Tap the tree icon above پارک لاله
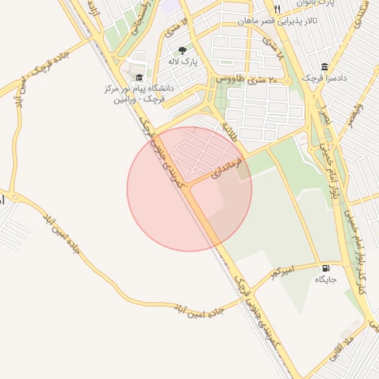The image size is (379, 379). coord(182,50)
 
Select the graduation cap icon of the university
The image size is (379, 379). coord(138,77)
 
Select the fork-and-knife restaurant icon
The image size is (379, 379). coord(278,9)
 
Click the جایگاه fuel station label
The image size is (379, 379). coord(326,280)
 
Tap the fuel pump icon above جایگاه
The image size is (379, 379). coord(326,267)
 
